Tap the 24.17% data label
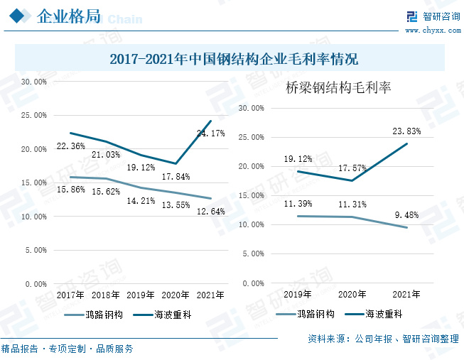211,133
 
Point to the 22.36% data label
71,146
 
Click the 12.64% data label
210,211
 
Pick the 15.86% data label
71,190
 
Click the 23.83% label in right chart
406,131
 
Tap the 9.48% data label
406,216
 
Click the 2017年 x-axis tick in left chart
70,295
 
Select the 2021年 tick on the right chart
406,293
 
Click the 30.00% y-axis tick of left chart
34,82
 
